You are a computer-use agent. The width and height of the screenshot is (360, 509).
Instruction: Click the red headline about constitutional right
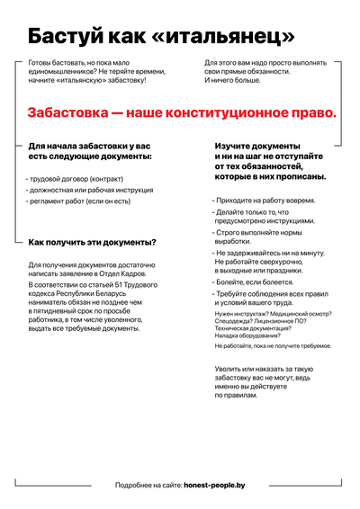tap(181, 113)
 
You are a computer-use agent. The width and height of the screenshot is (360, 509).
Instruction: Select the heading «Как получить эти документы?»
tap(92, 242)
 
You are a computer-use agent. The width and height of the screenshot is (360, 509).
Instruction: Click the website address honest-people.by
tap(214, 485)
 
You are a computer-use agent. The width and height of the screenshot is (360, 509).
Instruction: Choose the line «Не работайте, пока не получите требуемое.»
tap(278, 345)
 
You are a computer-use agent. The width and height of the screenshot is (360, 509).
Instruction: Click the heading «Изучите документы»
tap(256, 146)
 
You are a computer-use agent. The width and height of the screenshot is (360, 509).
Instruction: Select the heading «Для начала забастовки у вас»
tap(89, 146)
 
